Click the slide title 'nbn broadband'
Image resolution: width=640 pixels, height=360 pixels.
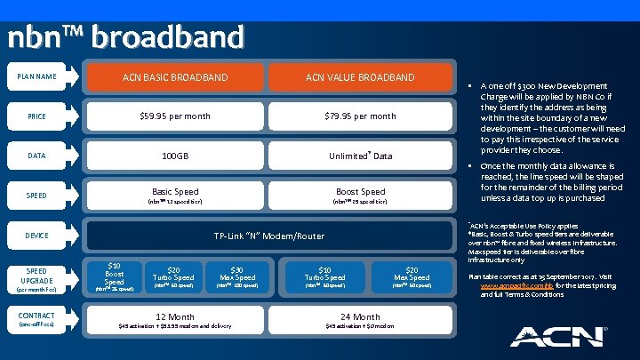[x=125, y=37]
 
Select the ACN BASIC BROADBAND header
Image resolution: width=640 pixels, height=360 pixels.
[x=175, y=78]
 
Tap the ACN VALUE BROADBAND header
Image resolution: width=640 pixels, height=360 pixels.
[x=360, y=78]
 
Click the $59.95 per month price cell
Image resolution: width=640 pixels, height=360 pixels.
[x=175, y=116]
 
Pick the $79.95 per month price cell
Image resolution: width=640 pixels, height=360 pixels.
[x=360, y=116]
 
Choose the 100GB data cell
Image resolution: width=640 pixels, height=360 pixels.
[x=175, y=156]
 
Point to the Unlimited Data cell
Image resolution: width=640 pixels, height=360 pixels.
[x=360, y=156]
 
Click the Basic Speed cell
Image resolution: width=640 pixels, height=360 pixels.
[x=175, y=196]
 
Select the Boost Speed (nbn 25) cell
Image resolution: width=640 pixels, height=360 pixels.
[x=360, y=196]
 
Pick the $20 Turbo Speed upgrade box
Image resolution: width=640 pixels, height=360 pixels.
[x=174, y=276]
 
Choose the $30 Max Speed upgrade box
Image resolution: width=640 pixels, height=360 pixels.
[x=236, y=276]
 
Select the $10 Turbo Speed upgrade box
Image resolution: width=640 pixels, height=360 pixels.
[x=324, y=276]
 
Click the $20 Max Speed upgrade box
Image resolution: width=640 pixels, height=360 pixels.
[x=412, y=276]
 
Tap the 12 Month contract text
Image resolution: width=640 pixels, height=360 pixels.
[x=175, y=316]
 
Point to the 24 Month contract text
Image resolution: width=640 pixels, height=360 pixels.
[x=360, y=316]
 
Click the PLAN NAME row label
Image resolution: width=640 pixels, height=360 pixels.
[x=36, y=77]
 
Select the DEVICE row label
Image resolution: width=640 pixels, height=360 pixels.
[x=36, y=236]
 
